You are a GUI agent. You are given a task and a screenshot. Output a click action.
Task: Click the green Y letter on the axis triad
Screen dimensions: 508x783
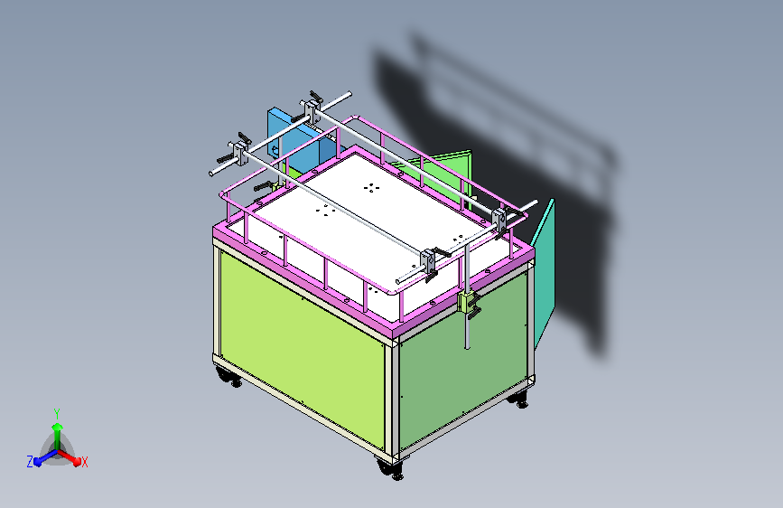(57, 411)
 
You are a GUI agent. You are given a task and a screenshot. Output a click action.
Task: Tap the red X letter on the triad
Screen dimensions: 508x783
(85, 463)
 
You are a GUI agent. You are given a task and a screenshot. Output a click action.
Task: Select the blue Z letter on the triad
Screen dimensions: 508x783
(30, 462)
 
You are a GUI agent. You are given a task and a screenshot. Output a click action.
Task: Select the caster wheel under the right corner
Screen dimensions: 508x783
(520, 398)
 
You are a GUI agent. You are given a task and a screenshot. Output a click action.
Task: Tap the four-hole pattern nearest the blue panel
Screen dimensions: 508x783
(371, 187)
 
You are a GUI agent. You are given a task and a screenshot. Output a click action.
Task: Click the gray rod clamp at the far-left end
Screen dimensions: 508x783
(240, 152)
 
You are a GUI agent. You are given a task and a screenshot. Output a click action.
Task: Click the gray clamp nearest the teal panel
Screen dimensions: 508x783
(501, 220)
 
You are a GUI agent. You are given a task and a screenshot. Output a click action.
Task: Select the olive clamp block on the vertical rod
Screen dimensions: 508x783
(468, 301)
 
